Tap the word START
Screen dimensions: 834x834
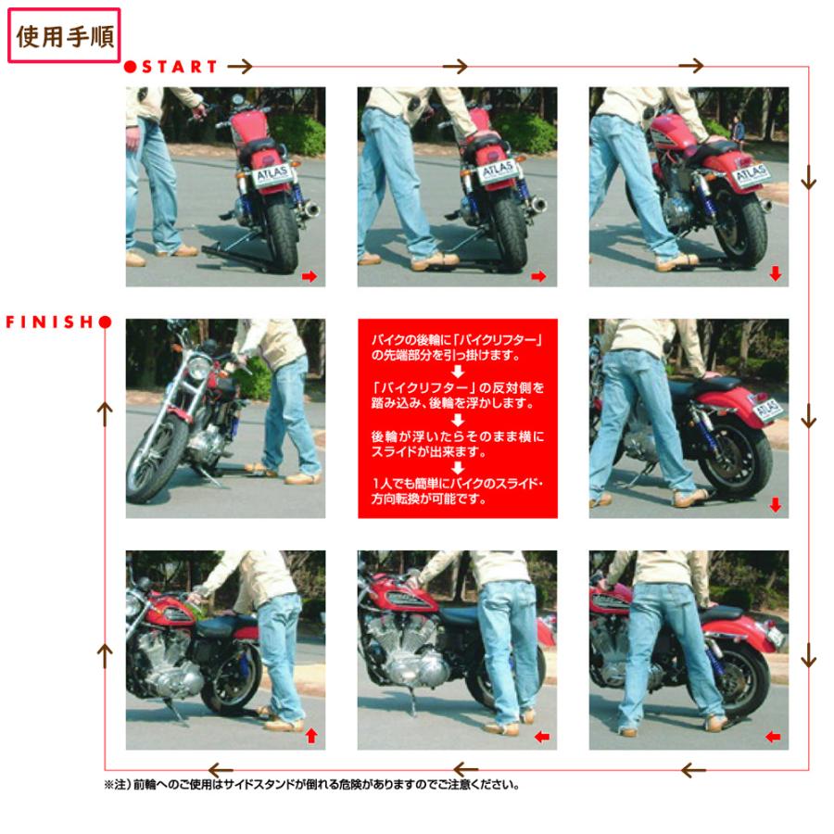(180, 67)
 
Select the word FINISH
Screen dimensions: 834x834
(50, 322)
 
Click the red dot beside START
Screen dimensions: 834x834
(131, 67)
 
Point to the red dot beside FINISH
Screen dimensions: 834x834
(105, 322)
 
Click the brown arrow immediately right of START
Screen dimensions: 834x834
(240, 67)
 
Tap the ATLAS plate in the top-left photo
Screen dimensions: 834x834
(273, 174)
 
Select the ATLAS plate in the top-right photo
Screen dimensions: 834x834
(752, 172)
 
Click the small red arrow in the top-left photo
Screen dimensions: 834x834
(310, 275)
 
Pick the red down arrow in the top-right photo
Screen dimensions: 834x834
(775, 273)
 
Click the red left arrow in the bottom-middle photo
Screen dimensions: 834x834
(542, 737)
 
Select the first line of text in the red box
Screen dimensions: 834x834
(456, 340)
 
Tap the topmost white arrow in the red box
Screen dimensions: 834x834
(457, 372)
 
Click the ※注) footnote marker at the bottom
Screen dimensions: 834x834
(120, 784)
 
